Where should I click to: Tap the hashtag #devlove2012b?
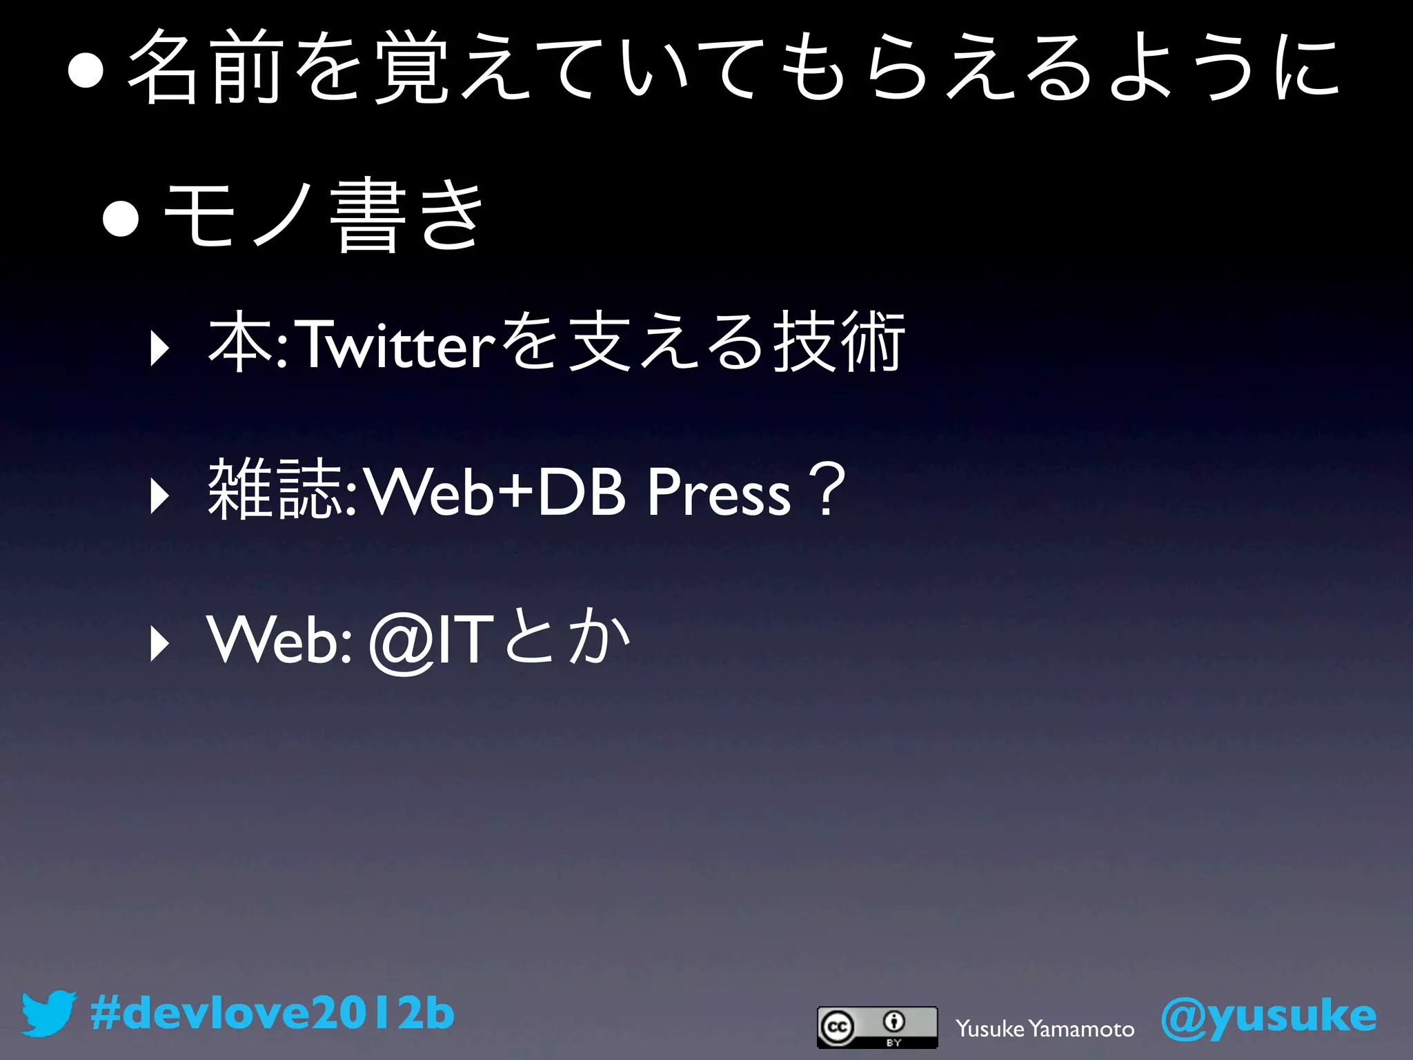click(272, 1014)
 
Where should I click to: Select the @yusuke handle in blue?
click(1268, 1017)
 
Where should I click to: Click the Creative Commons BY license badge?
click(877, 1027)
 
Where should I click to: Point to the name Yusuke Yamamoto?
click(1045, 1029)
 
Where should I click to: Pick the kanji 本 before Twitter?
click(239, 344)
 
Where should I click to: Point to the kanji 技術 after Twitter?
click(838, 343)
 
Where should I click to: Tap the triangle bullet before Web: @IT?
click(159, 645)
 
